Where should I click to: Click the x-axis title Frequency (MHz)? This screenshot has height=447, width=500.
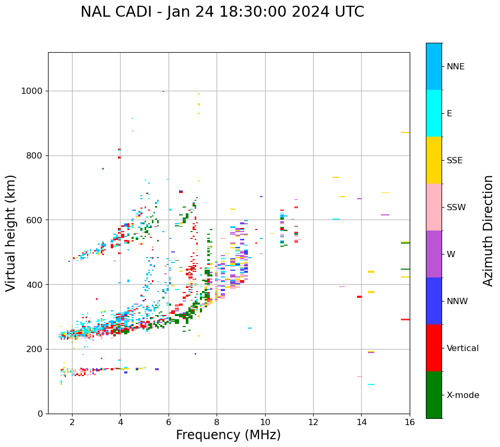tap(228, 435)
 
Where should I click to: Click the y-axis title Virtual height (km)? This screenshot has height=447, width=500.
tap(11, 233)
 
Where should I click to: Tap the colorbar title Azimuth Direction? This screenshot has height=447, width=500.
tap(488, 231)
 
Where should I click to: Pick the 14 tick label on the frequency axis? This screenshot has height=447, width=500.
tap(361, 421)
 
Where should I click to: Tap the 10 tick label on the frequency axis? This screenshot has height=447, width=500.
tap(265, 421)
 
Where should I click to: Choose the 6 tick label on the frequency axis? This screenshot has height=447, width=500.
tap(169, 421)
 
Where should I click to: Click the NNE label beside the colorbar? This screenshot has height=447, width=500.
tap(455, 67)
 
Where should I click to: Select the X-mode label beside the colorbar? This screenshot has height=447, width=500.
tap(462, 395)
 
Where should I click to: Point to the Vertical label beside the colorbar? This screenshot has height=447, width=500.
tap(462, 348)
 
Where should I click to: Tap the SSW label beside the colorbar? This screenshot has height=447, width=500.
tap(456, 208)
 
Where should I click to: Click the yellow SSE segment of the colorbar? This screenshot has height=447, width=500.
tap(434, 160)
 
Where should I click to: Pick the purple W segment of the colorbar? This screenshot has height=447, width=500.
tap(434, 254)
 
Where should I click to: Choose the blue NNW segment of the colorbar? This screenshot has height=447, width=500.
tap(434, 301)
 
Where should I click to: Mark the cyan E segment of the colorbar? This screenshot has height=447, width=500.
tap(434, 113)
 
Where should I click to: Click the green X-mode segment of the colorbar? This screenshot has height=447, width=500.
tap(434, 395)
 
